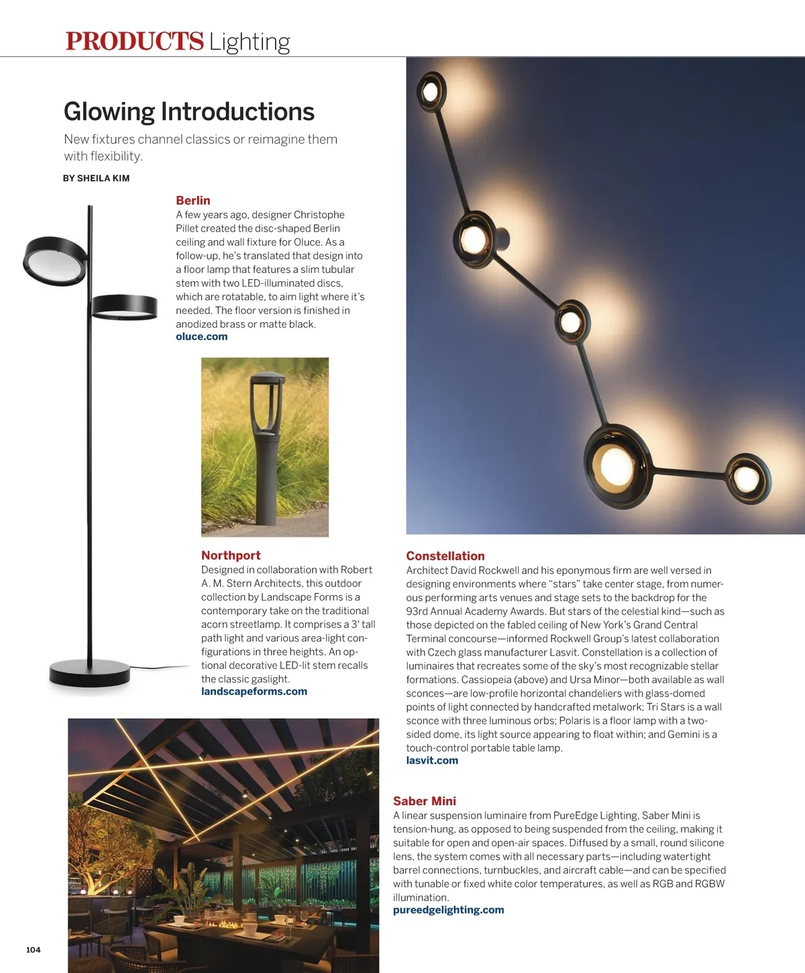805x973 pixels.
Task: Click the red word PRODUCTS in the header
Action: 134,41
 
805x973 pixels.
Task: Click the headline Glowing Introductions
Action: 189,111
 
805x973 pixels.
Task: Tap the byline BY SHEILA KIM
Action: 96,178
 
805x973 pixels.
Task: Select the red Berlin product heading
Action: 193,200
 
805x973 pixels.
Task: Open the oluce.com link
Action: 201,336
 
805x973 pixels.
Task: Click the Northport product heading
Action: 231,555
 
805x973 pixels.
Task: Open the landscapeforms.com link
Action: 254,691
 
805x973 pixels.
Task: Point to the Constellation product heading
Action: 445,556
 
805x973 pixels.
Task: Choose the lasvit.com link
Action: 432,760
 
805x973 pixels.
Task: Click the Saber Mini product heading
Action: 424,801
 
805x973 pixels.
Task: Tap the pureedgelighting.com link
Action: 448,910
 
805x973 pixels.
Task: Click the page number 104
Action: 34,950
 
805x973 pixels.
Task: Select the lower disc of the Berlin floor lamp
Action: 125,307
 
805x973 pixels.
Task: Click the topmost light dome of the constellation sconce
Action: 430,90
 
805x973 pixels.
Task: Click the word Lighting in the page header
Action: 249,42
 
